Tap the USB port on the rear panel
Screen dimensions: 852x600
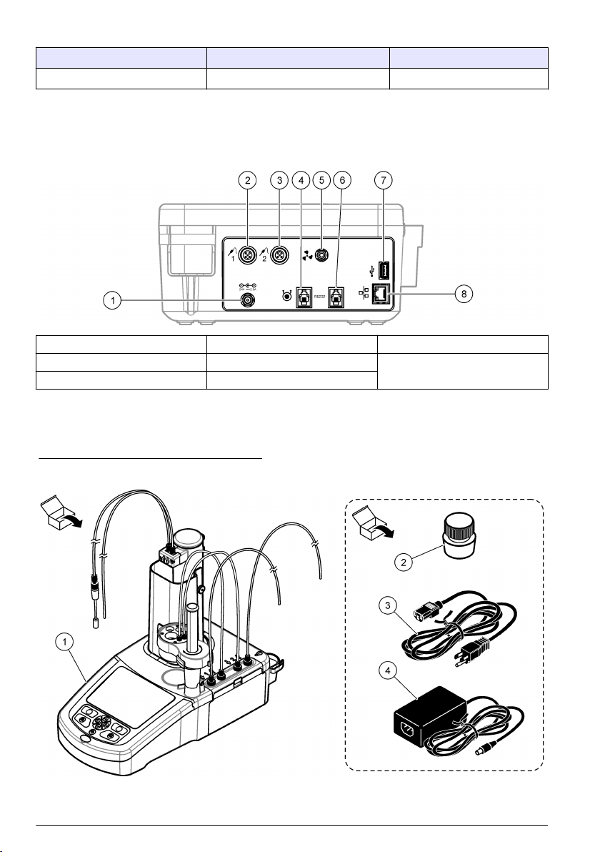[383, 272]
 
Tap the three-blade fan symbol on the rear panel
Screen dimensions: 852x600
[308, 254]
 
